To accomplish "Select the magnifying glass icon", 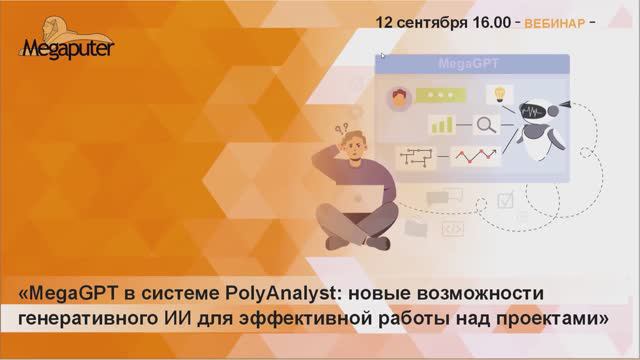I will [x=487, y=126].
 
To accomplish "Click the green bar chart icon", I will [x=441, y=125].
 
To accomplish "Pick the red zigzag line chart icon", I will [x=475, y=156].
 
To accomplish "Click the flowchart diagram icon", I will [x=415, y=157].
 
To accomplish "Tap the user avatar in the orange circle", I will [x=401, y=98].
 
